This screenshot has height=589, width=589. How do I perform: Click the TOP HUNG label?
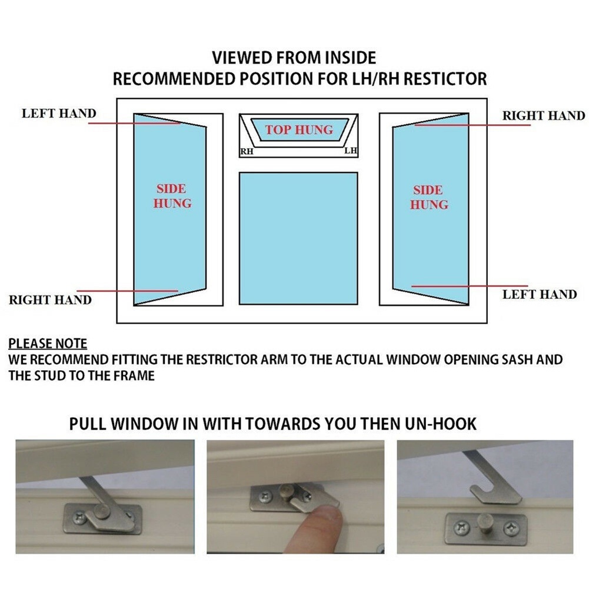tap(298, 129)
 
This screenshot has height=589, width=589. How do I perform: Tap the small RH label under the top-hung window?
tap(246, 152)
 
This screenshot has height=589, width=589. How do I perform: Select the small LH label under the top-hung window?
tap(350, 151)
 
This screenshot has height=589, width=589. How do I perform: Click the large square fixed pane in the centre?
tap(298, 238)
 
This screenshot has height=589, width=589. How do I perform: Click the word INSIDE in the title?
tap(345, 58)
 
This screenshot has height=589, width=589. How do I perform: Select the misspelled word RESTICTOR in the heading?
tap(437, 78)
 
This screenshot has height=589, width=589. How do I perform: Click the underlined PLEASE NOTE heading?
tap(48, 344)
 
